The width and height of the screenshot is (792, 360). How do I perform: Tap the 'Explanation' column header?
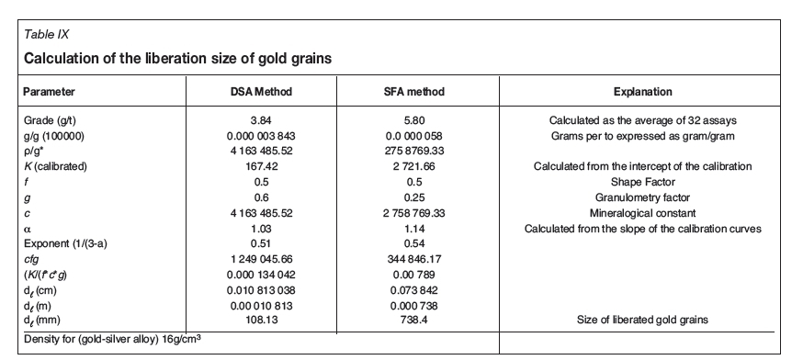click(642, 92)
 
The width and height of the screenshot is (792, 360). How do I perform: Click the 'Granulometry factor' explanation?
click(642, 197)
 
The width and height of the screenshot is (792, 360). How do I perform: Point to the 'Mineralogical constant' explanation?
click(642, 212)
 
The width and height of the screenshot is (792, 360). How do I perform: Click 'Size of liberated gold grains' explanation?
click(642, 321)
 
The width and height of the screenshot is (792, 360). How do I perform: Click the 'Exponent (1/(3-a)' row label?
click(66, 243)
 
